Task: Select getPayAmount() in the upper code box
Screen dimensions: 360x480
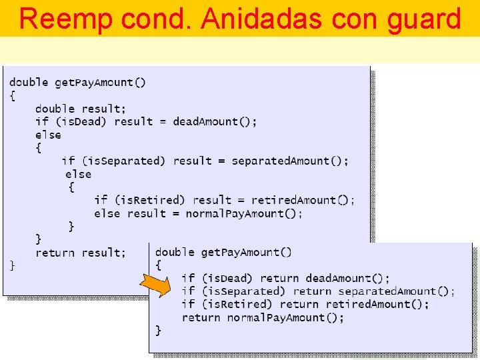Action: pos(100,83)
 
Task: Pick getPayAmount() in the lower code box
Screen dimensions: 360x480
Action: pos(246,252)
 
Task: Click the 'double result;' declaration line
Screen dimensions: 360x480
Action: pos(80,109)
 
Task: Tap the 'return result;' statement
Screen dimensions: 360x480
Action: pos(80,253)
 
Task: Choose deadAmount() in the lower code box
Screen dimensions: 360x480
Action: pos(347,278)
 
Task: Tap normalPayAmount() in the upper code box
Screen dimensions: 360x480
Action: pos(243,213)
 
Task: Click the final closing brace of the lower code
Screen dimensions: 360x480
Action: pos(159,330)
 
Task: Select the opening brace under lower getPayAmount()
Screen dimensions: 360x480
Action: pos(159,265)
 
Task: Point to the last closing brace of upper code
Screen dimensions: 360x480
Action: pos(12,265)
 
